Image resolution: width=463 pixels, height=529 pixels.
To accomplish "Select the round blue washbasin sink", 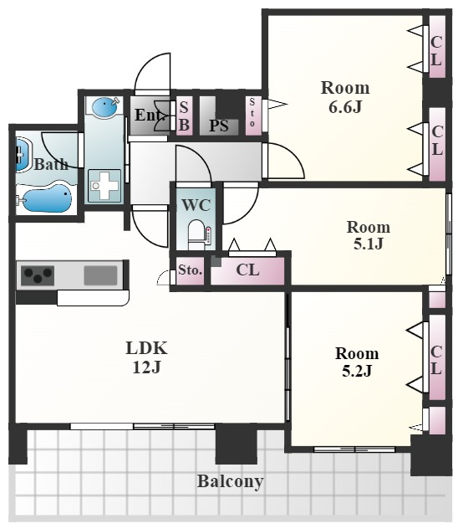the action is point(104,107).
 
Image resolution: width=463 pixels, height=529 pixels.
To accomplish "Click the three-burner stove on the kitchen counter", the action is point(38,275).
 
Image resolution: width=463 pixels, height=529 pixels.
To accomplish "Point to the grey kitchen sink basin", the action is point(101,275).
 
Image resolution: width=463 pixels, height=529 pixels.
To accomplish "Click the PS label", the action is point(219,126).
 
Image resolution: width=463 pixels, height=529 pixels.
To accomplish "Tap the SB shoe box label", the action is point(184,116).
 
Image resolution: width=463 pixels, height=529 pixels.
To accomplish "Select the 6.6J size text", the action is point(345,107).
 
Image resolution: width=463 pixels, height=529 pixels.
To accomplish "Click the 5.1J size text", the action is point(369,244).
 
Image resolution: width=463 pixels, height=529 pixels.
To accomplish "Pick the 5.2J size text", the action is point(357,371).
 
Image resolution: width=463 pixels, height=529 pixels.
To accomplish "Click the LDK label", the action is point(146,348).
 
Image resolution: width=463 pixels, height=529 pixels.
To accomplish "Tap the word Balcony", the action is point(230,481).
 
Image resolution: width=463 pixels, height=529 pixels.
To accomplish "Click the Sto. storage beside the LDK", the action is point(190,271).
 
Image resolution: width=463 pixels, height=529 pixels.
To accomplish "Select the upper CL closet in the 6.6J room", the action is point(437,47).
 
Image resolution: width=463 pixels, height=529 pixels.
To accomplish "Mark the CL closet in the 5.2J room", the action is point(437,357).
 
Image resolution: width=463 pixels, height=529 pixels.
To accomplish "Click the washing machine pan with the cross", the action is point(104,186).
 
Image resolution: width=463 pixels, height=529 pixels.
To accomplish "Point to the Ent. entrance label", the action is point(150,116).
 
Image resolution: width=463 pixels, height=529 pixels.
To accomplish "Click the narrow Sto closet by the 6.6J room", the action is point(252,116).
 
